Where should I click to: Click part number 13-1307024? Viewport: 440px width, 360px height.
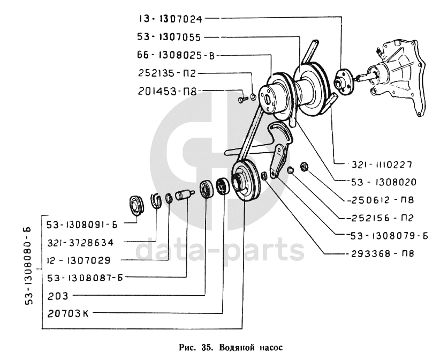pos(171,19)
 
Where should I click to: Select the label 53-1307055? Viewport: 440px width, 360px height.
pos(169,37)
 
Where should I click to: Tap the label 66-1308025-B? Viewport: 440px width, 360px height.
pos(176,55)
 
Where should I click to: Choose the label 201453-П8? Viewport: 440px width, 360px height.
pos(167,91)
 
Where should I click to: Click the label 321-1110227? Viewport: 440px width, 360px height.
pos(382,164)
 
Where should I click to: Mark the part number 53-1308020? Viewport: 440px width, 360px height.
pos(384,183)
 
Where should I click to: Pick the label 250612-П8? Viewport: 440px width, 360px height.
pos(380,200)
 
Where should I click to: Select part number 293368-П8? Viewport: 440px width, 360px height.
pos(380,254)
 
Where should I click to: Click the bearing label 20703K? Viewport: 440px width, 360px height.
pos(68,313)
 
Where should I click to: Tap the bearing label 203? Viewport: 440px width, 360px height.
pos(58,296)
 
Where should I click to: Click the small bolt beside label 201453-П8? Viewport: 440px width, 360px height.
pos(242,99)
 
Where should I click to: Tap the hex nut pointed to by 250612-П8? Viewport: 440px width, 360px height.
pos(304,167)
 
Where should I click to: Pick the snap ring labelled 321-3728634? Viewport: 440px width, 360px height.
pos(157,200)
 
